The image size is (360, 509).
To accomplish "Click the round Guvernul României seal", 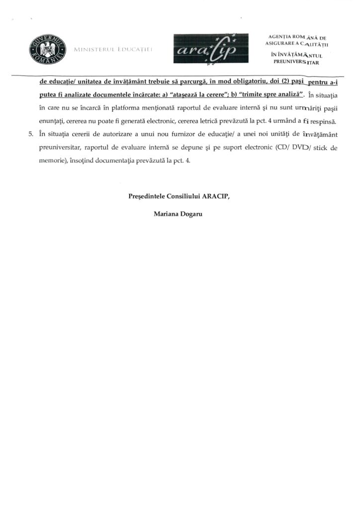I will pyautogui.click(x=48, y=51).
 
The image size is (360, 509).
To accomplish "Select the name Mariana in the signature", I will pyautogui.click(x=167, y=215).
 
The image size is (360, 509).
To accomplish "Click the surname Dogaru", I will pyautogui.click(x=192, y=215).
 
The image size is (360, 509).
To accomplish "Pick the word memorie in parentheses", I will pyautogui.click(x=51, y=161).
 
